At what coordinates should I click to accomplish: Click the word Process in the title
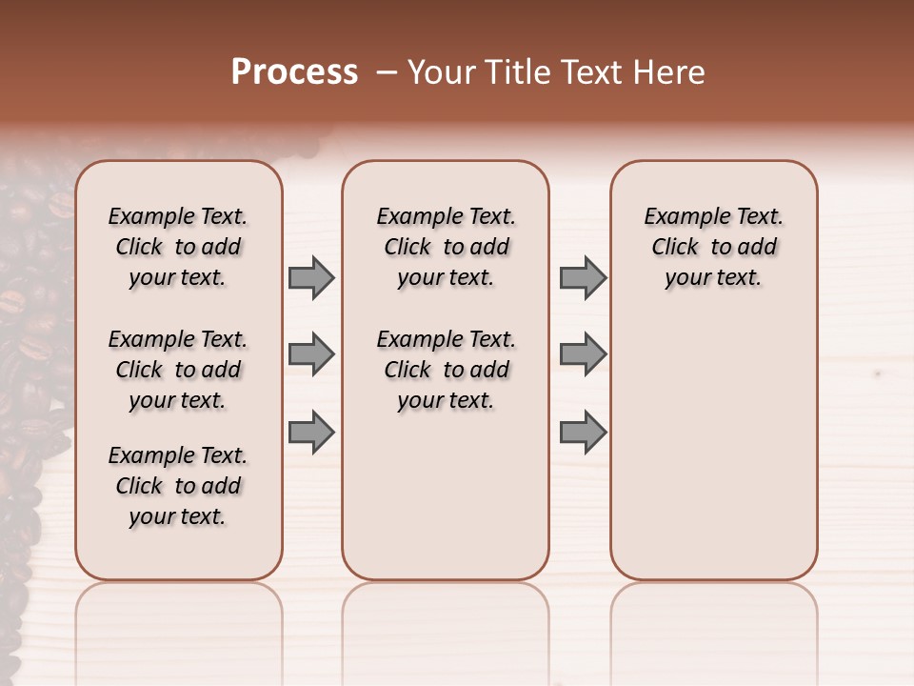294,72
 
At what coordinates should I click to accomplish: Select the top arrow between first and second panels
310,277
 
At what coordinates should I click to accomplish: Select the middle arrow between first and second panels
310,354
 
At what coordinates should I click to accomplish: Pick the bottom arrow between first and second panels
310,432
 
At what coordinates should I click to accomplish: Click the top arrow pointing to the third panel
583,277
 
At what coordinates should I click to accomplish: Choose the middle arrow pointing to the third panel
583,354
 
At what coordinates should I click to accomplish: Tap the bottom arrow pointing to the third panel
583,432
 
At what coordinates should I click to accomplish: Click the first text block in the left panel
178,247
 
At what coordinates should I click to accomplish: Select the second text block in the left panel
178,370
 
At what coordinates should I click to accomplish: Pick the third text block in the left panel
178,486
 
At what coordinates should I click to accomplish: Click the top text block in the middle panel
446,247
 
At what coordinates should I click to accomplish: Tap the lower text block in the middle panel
446,370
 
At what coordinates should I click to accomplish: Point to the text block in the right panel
714,247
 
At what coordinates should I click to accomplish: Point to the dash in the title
387,72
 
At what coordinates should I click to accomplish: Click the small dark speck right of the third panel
877,373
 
